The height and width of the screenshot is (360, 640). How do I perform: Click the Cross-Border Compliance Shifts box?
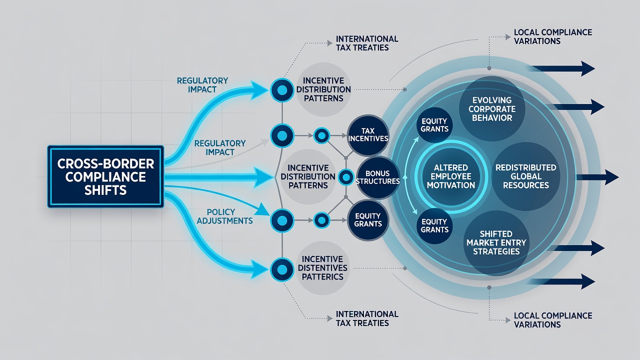[105, 176]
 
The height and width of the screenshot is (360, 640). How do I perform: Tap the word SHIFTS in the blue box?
[105, 190]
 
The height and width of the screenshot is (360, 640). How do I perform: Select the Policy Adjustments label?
[224, 216]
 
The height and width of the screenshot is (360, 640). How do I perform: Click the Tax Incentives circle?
[368, 135]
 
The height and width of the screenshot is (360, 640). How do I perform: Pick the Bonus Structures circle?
[377, 177]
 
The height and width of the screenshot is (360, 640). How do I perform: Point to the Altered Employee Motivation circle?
[451, 176]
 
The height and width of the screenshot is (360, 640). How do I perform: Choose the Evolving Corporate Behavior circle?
[492, 109]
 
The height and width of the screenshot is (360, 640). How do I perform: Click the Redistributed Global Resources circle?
[525, 176]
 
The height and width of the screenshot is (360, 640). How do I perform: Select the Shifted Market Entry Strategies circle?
[496, 243]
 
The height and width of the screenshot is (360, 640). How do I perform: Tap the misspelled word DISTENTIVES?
[322, 268]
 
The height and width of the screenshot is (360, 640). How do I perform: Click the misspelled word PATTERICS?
[322, 277]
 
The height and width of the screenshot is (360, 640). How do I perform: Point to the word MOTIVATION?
[451, 185]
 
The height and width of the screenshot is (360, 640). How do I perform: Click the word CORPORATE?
[492, 109]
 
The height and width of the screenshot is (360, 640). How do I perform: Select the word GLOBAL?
[526, 176]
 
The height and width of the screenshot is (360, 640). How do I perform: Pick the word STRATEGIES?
[496, 251]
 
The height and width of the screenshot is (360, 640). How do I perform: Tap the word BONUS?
[377, 173]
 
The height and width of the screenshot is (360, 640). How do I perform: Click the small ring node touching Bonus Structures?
[346, 177]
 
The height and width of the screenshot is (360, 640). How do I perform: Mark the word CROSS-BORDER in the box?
[105, 164]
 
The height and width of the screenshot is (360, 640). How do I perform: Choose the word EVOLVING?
[492, 100]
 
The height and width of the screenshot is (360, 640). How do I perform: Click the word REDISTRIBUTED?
[526, 167]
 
